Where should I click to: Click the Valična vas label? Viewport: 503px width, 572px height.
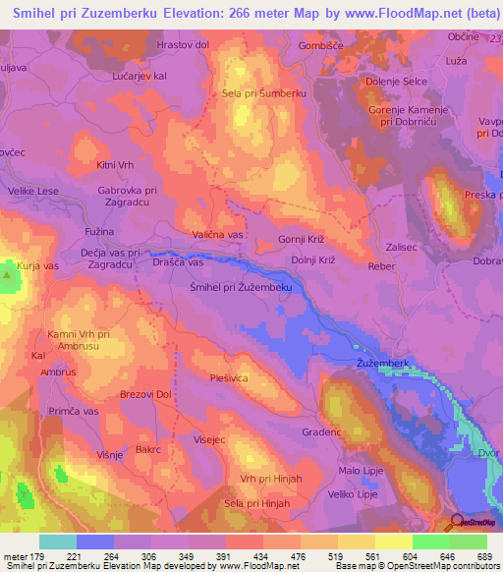coord(217,235)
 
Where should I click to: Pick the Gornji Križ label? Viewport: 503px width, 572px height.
coord(303,240)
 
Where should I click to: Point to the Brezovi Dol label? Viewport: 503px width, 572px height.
coord(145,394)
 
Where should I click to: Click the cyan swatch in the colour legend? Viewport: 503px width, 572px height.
coord(58,542)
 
